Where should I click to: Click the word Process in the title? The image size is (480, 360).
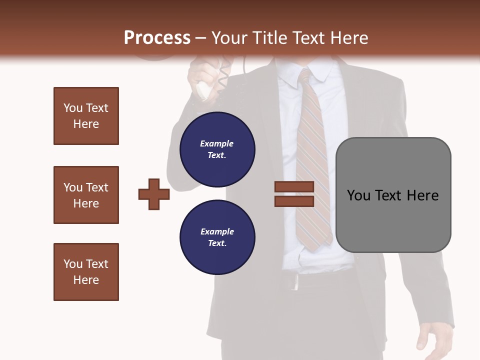click(157, 38)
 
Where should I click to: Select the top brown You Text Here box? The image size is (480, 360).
click(86, 116)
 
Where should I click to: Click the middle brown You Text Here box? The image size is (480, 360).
click(86, 195)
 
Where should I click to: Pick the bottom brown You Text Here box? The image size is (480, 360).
click(86, 272)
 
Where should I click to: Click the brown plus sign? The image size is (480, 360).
click(154, 194)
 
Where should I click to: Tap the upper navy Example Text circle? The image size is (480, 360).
click(217, 149)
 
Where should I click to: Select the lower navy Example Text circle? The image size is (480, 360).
click(217, 237)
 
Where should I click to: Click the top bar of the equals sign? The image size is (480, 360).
click(294, 186)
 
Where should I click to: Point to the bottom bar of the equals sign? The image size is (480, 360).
click(294, 201)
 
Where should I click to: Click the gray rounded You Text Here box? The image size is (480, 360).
click(393, 195)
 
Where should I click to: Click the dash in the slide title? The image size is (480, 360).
click(201, 38)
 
